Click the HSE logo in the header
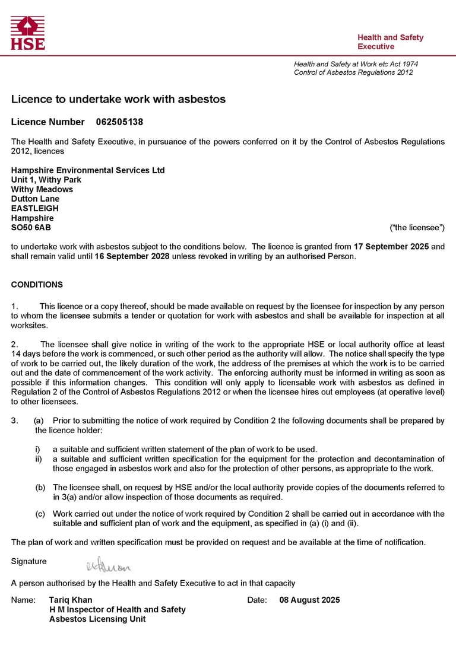tap(27, 33)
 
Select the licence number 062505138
tap(119, 122)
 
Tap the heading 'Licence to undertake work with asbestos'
tap(118, 100)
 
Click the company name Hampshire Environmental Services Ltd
tap(88, 170)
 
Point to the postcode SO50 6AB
tap(31, 227)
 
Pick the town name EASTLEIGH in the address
tap(35, 208)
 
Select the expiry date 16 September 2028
tap(132, 256)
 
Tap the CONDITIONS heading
tap(37, 285)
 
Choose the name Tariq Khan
tap(71, 600)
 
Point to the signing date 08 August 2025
tap(309, 600)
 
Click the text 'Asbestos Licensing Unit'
tap(97, 619)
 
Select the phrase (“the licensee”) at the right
tap(417, 227)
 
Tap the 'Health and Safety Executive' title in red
tap(390, 42)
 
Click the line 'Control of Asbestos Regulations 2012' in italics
tap(353, 72)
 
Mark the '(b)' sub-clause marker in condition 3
tap(40, 488)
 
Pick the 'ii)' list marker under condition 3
tap(39, 459)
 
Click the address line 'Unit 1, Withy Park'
tap(46, 180)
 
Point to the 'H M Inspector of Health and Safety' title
tap(117, 609)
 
